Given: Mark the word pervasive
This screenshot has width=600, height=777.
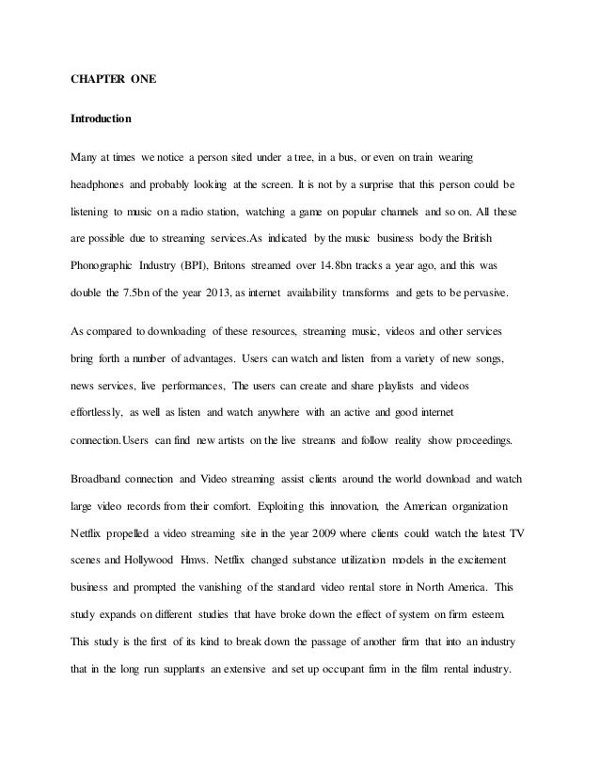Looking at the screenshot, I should click(x=480, y=293).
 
